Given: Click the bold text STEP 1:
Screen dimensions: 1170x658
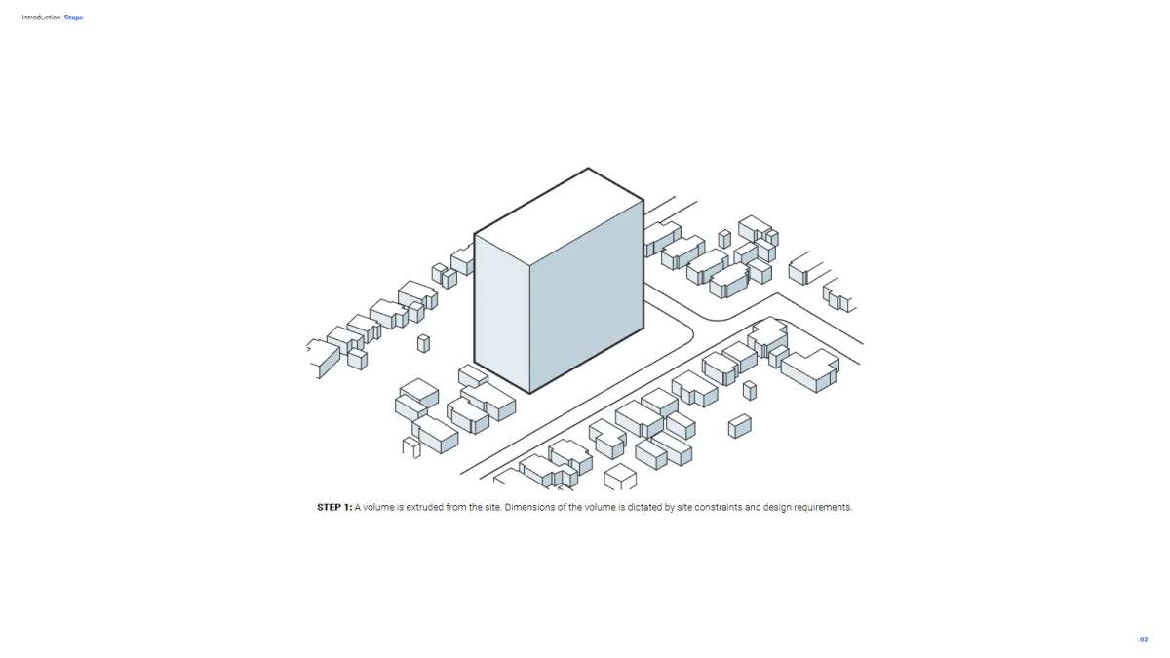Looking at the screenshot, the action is [x=334, y=507].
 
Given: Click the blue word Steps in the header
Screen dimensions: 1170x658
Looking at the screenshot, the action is [x=73, y=18].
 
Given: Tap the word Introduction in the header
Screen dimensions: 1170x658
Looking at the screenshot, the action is [x=42, y=18].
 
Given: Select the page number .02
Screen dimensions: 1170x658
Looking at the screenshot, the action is [x=1143, y=639].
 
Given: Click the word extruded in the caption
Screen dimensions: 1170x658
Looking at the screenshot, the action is [x=425, y=507].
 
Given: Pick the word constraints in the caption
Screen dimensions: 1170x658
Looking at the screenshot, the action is [x=719, y=507].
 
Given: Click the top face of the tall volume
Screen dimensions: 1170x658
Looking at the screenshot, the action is [x=559, y=216].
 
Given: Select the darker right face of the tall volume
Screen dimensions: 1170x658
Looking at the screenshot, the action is [x=587, y=296].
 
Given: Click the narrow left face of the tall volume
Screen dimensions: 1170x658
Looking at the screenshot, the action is [x=502, y=313].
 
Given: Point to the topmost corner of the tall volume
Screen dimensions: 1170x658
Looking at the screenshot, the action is [x=588, y=168].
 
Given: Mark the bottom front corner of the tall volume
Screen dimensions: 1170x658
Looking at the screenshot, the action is [x=530, y=393].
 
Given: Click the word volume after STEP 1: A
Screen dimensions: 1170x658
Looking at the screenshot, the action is [x=378, y=507].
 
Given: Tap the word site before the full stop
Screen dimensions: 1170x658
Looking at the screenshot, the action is [x=493, y=507].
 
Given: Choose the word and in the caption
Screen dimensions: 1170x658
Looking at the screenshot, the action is [x=752, y=507].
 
